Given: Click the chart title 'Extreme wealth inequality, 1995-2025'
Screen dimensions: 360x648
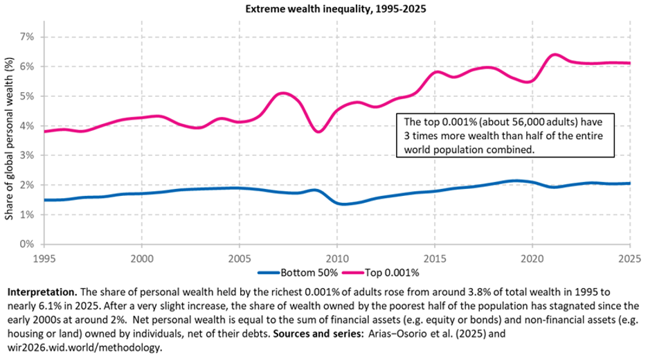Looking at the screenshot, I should point(323,10).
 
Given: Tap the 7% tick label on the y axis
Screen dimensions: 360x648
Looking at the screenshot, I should point(28,37).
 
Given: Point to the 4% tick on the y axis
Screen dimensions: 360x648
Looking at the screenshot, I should point(28,126).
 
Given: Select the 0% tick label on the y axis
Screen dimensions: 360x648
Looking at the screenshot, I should point(28,244).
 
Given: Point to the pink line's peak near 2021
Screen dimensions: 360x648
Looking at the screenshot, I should point(554,55).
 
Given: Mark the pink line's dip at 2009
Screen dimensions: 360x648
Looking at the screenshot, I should point(318,132).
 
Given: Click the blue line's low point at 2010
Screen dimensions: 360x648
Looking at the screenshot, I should point(340,204).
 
